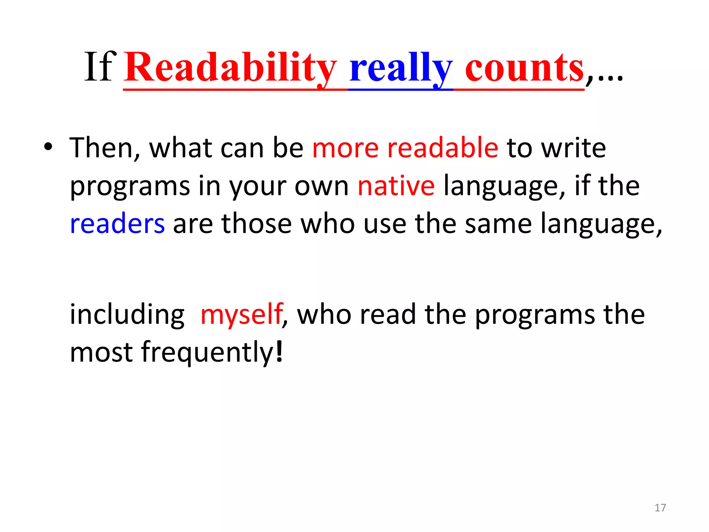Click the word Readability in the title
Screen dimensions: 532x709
tap(230, 68)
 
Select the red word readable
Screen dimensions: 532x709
tap(443, 148)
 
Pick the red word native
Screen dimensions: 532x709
tap(396, 186)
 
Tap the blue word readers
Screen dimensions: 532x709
tap(117, 224)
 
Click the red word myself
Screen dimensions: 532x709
tap(242, 315)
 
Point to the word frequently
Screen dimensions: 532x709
tap(207, 353)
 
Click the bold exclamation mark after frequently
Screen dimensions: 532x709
tap(279, 352)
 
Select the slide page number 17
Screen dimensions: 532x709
tap(660, 508)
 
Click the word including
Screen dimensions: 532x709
tap(127, 315)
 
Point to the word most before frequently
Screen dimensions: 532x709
tap(101, 353)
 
